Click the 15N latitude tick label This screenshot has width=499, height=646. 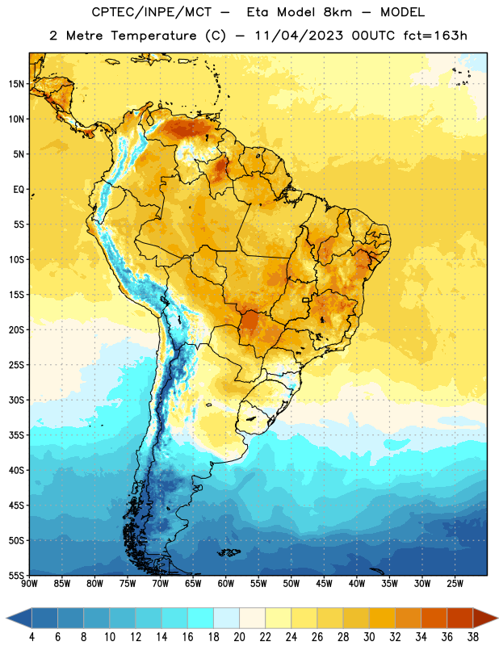[16, 84]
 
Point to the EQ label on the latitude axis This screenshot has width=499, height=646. [19, 190]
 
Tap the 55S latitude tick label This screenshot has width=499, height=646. [16, 575]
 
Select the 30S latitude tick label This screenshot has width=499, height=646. [16, 400]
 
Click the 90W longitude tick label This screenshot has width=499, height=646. [29, 584]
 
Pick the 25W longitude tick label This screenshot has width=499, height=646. [455, 584]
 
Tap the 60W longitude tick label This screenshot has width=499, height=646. [226, 584]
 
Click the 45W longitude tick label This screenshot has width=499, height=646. [324, 584]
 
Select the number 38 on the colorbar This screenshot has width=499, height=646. [473, 637]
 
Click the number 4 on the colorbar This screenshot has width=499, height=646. [31, 637]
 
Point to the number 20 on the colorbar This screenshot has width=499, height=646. [239, 637]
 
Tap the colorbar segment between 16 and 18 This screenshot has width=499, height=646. [201, 618]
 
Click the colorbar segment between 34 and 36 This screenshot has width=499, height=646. [434, 618]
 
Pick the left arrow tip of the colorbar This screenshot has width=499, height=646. [6, 618]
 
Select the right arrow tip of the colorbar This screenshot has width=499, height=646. [497, 618]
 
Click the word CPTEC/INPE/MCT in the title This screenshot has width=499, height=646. [152, 12]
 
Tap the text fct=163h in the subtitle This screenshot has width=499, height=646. [435, 36]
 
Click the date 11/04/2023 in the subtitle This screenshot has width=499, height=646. [299, 36]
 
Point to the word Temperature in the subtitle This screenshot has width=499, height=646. [153, 36]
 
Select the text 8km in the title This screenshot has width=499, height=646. [338, 12]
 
